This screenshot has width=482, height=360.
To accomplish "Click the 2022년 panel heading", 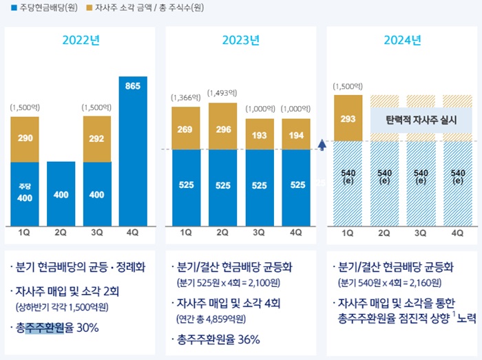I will pos(81,40).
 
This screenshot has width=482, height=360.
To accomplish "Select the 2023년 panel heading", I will pos(240,40).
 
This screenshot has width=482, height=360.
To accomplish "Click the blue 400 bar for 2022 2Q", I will pos(61,194).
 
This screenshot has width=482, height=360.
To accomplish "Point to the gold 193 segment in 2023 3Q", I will pos(260,134).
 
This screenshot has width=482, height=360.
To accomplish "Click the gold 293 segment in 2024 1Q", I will pos(348,118).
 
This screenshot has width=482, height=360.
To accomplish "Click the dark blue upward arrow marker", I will pos(322,144).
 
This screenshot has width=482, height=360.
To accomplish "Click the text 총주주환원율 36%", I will pos(219,339).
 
